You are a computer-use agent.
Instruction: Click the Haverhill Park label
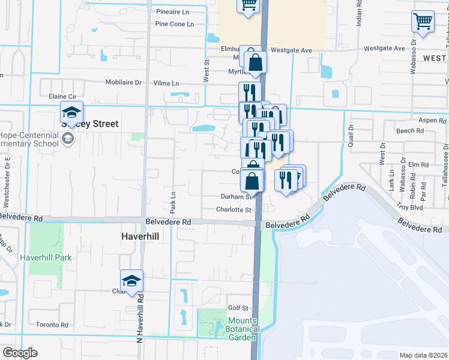click(x=46, y=257)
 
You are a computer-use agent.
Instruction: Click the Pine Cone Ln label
click(x=174, y=24)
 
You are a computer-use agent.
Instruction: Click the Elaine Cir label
click(x=62, y=96)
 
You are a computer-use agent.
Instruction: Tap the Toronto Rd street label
click(x=52, y=325)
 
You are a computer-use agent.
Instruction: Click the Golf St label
click(x=238, y=308)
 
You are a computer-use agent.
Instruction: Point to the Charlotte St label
click(x=234, y=210)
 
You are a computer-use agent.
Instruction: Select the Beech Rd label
click(x=410, y=131)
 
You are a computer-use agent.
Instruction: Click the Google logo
click(x=20, y=353)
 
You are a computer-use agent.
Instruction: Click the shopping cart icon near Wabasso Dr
click(x=423, y=22)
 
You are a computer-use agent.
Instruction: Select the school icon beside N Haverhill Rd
click(x=131, y=280)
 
